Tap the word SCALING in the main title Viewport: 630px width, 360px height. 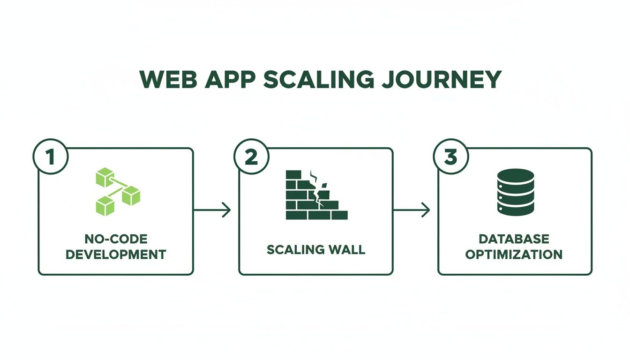coord(319,79)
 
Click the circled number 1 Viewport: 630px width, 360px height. coord(50,157)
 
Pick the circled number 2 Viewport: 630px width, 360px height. coord(251,157)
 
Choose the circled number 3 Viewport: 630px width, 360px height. coord(450,157)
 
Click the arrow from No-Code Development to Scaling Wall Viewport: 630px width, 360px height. coord(212,210)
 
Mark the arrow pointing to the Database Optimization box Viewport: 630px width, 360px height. coord(412,210)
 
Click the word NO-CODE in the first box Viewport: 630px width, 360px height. coord(116,239)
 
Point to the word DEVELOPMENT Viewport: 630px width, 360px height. coord(116,255)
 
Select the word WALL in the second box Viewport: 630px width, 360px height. coord(347,249)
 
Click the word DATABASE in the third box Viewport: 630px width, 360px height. coord(514,239)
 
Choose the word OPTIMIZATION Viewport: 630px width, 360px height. coord(514,255)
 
